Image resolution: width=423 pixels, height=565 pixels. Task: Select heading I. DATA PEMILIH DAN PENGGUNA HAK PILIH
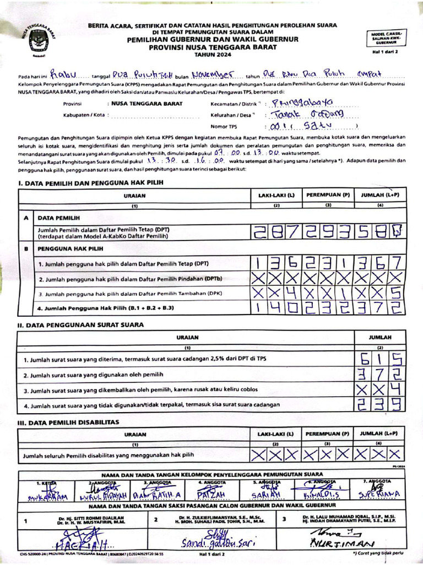90,182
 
